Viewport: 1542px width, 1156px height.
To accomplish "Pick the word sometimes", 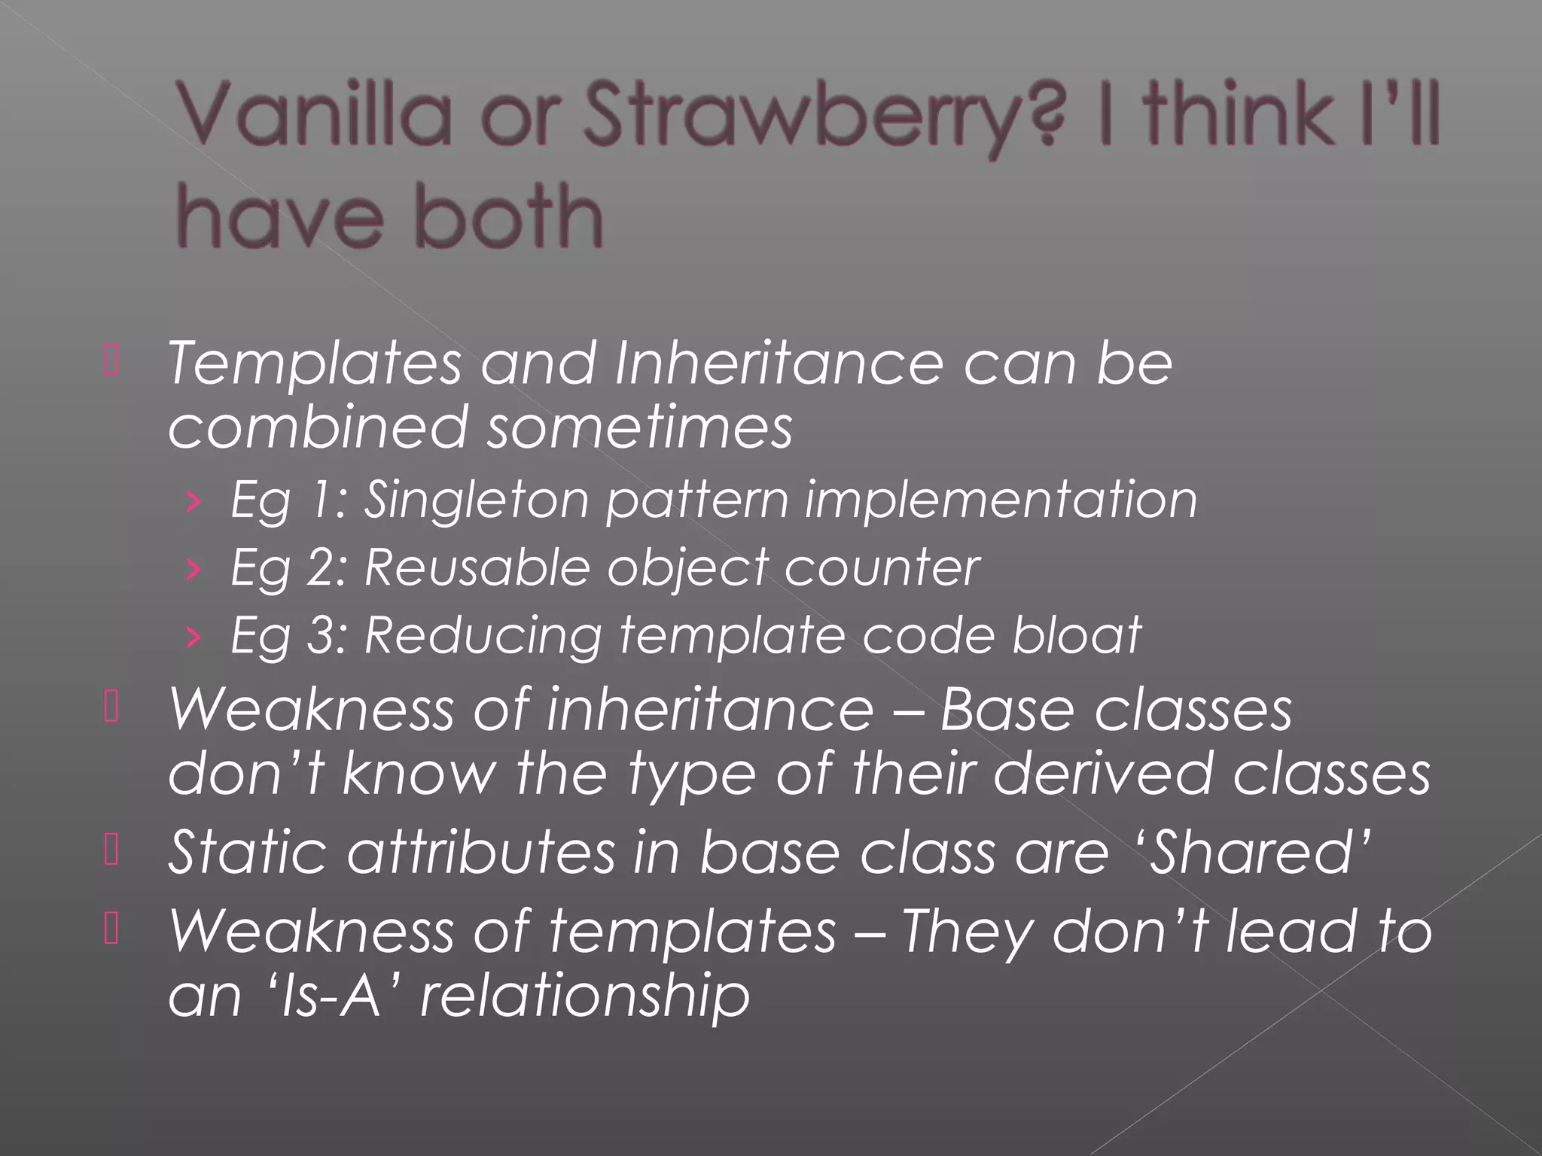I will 639,427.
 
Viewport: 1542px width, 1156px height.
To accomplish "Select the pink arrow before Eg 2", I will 194,569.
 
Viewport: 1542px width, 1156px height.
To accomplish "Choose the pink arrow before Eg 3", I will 194,637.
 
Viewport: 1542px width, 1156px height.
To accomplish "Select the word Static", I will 248,852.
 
